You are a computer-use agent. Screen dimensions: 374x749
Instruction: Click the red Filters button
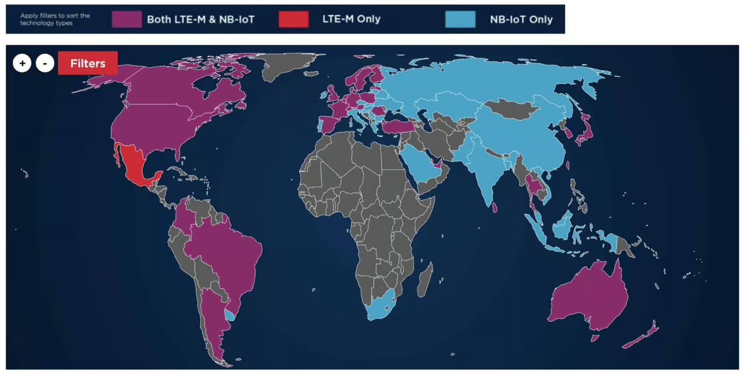[87, 63]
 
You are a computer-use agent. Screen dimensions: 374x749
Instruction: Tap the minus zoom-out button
[45, 63]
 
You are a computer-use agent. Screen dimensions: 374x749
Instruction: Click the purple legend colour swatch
[127, 19]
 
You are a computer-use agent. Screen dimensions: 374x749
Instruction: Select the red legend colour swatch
[294, 19]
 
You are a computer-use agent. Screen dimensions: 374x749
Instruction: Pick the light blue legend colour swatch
[460, 19]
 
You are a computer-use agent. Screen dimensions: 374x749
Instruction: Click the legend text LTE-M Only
[351, 19]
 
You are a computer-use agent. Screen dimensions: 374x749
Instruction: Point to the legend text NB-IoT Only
[521, 19]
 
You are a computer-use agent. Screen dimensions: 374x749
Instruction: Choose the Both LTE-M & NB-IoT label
[200, 19]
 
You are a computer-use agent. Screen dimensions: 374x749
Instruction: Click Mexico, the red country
[134, 166]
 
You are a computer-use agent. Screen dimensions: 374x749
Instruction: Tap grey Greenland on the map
[285, 67]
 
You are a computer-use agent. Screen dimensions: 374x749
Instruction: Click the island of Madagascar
[425, 280]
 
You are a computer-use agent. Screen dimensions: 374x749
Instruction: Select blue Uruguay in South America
[229, 315]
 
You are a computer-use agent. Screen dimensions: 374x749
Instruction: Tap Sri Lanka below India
[495, 208]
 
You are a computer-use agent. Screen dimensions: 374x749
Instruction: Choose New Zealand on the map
[642, 336]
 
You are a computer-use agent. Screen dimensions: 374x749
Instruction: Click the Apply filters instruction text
[55, 19]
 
